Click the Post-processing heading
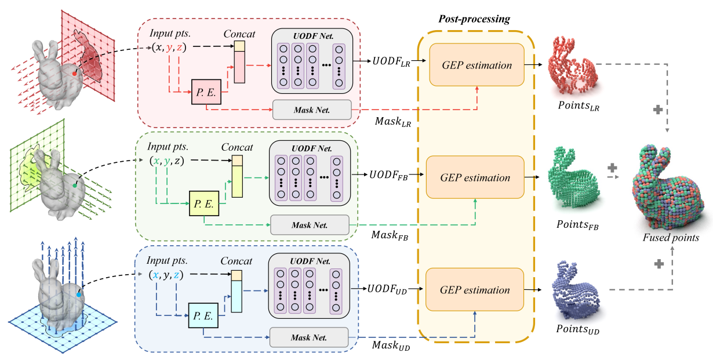pyautogui.click(x=475, y=19)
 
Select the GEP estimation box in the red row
pyautogui.click(x=476, y=65)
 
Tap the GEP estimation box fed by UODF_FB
pyautogui.click(x=475, y=177)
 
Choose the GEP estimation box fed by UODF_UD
pyautogui.click(x=475, y=289)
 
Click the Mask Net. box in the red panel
pyautogui.click(x=312, y=110)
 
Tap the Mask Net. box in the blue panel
pyautogui.click(x=309, y=336)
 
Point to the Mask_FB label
pyautogui.click(x=388, y=237)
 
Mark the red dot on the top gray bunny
pyautogui.click(x=74, y=74)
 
